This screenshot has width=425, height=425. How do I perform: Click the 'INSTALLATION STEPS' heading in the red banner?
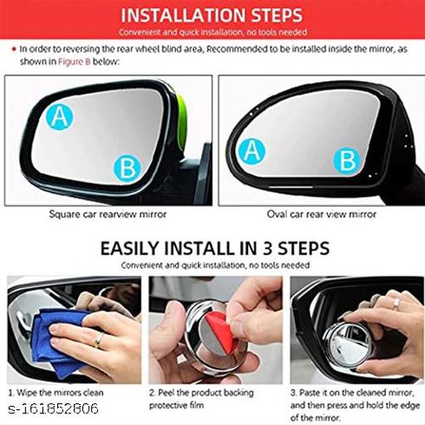(x=212, y=15)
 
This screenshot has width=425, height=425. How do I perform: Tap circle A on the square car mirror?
(x=60, y=116)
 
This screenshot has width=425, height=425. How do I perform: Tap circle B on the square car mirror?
(x=127, y=169)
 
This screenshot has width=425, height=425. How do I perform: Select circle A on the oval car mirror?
(x=252, y=151)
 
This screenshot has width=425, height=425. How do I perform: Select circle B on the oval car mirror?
(x=347, y=161)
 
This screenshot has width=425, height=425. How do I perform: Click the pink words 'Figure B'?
(x=74, y=61)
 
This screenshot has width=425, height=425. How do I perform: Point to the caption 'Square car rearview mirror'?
(x=108, y=214)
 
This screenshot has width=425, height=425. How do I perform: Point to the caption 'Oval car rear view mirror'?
(x=321, y=214)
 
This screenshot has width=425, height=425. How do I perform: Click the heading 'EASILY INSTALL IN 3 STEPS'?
(x=215, y=248)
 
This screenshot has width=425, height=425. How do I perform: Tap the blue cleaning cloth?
(x=60, y=340)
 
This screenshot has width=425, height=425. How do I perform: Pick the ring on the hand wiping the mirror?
(x=99, y=340)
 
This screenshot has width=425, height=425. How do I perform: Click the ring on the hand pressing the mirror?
(x=396, y=304)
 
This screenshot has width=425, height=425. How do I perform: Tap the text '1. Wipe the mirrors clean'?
(x=56, y=393)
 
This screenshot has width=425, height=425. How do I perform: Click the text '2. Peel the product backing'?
(x=202, y=393)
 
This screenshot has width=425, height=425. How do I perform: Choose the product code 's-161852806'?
(x=53, y=409)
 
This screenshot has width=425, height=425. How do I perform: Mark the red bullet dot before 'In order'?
(x=14, y=49)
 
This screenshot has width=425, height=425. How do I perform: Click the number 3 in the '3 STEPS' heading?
(x=267, y=248)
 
